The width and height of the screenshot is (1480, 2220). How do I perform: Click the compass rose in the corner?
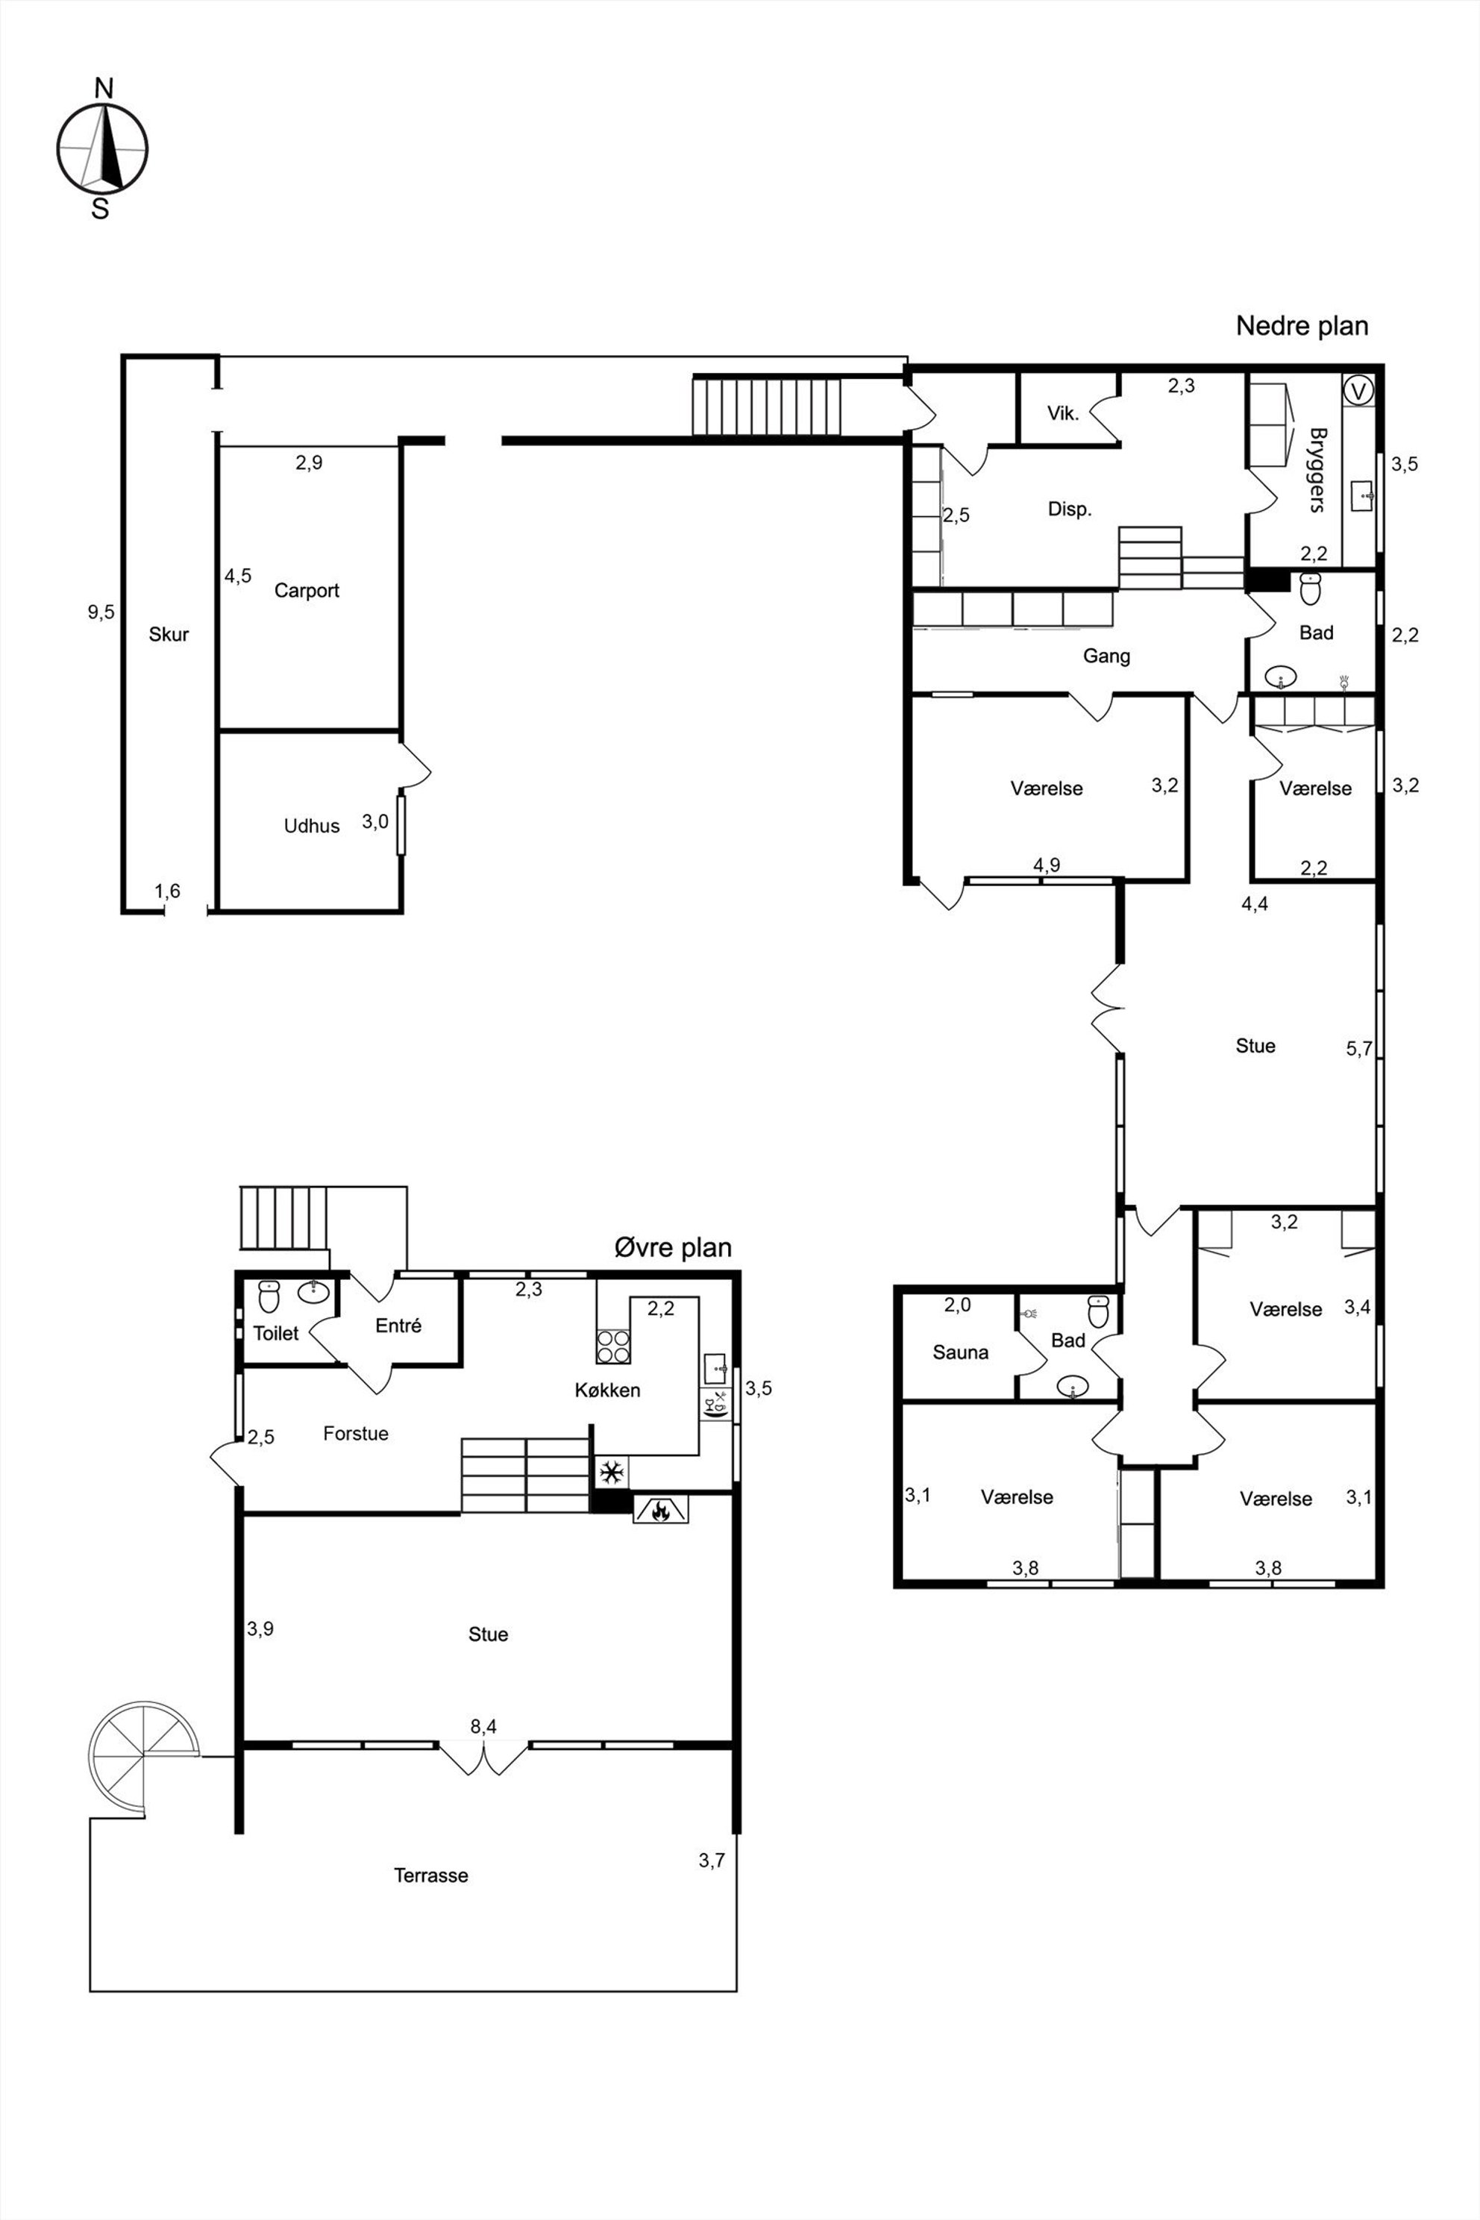click(102, 149)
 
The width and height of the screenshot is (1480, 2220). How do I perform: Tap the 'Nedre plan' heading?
click(1302, 327)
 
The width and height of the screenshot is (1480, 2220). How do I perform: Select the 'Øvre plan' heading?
click(673, 1248)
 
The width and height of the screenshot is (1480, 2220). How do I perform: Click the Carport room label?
click(307, 591)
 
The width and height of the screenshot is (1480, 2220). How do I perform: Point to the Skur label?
click(169, 634)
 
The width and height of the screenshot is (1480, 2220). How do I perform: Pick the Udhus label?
click(312, 826)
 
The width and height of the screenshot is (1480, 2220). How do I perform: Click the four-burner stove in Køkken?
click(613, 1345)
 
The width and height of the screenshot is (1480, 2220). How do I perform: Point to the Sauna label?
click(960, 1352)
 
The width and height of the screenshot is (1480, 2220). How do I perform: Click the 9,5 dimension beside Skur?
click(101, 612)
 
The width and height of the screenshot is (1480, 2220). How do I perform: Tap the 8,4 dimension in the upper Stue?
click(483, 1726)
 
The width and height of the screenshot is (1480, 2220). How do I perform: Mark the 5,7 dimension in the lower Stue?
click(1359, 1049)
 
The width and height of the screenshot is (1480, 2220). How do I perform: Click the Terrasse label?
click(430, 1875)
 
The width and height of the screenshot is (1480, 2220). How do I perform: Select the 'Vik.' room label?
click(1063, 413)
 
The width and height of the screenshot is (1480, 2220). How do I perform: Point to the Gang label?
click(1106, 656)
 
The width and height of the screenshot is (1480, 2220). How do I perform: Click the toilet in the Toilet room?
click(269, 1297)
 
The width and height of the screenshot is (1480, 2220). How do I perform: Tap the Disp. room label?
click(1070, 509)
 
